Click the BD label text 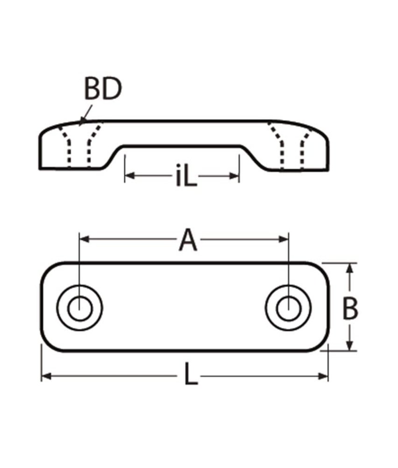pos(103,89)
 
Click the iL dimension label pos(186,177)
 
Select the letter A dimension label pos(188,241)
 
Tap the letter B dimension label pos(350,309)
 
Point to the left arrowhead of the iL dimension pos(129,176)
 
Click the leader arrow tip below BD pos(81,124)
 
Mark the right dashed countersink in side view pos(292,145)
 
